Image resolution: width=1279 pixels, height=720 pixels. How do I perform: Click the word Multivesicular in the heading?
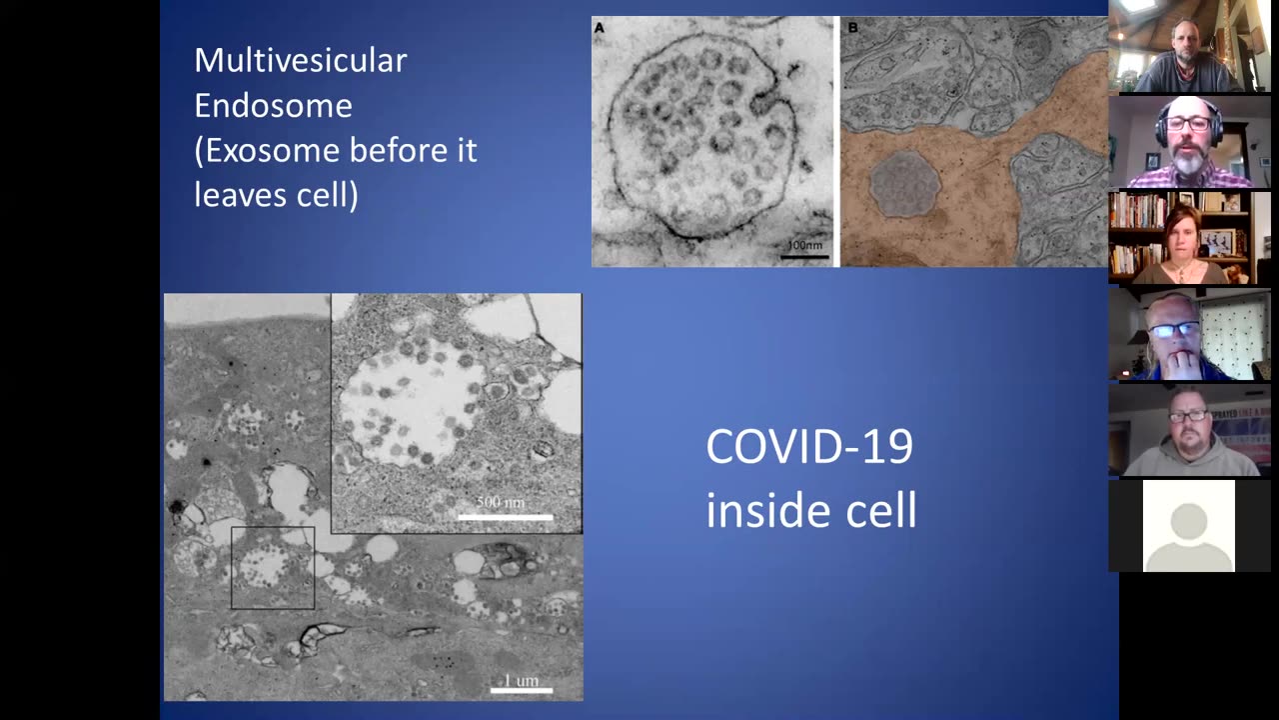point(300,61)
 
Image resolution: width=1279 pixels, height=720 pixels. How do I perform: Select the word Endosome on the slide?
point(273,105)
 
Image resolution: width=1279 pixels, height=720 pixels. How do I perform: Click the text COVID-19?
point(808,446)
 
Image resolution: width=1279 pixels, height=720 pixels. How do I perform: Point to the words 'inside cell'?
point(810,510)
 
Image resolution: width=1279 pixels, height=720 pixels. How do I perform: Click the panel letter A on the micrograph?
point(600,28)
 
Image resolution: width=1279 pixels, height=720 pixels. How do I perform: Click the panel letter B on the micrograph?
point(852,28)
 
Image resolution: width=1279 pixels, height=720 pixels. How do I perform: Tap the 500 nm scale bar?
point(505,516)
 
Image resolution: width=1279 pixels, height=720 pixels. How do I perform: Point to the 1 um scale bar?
point(521,688)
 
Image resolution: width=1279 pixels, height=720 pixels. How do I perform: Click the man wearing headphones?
point(1187,145)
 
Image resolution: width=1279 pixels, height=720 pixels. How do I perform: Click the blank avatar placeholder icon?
point(1188,526)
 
